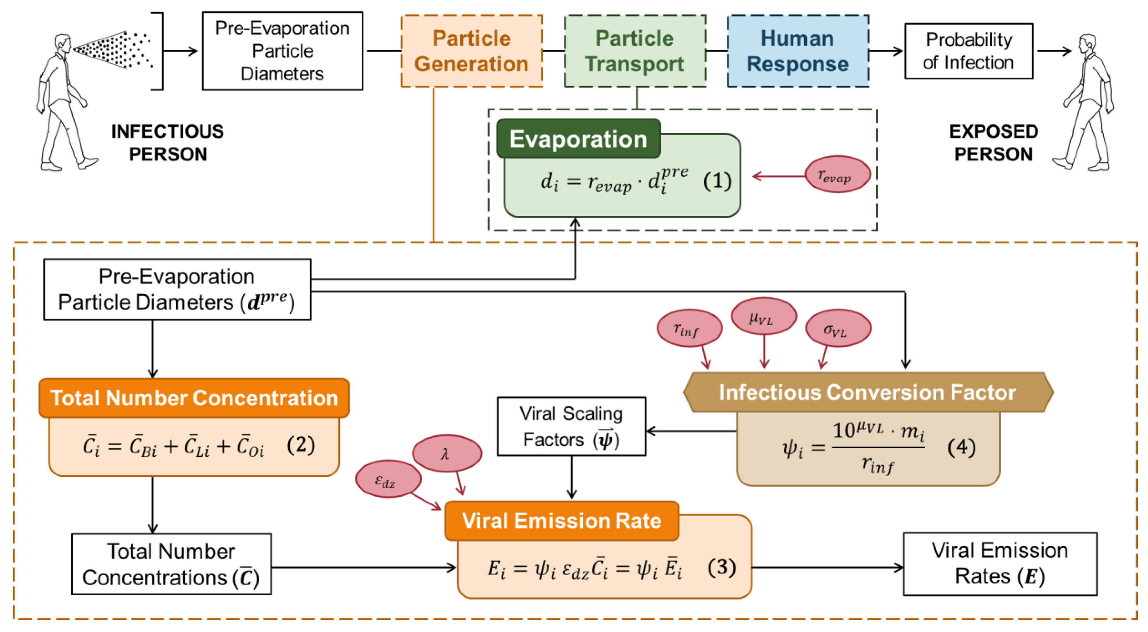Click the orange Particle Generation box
tap(471, 51)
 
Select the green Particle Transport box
tap(635, 51)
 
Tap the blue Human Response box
tap(797, 51)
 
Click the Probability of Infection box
tap(968, 51)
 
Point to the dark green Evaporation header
tap(578, 139)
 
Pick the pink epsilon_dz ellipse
tap(388, 479)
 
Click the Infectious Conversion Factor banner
tap(867, 392)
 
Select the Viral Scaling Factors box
tap(571, 426)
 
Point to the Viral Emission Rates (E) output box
tap(1000, 563)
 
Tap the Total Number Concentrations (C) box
tap(171, 564)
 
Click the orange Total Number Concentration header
tap(194, 398)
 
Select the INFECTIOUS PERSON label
tap(167, 142)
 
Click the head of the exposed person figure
tap(1088, 42)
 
